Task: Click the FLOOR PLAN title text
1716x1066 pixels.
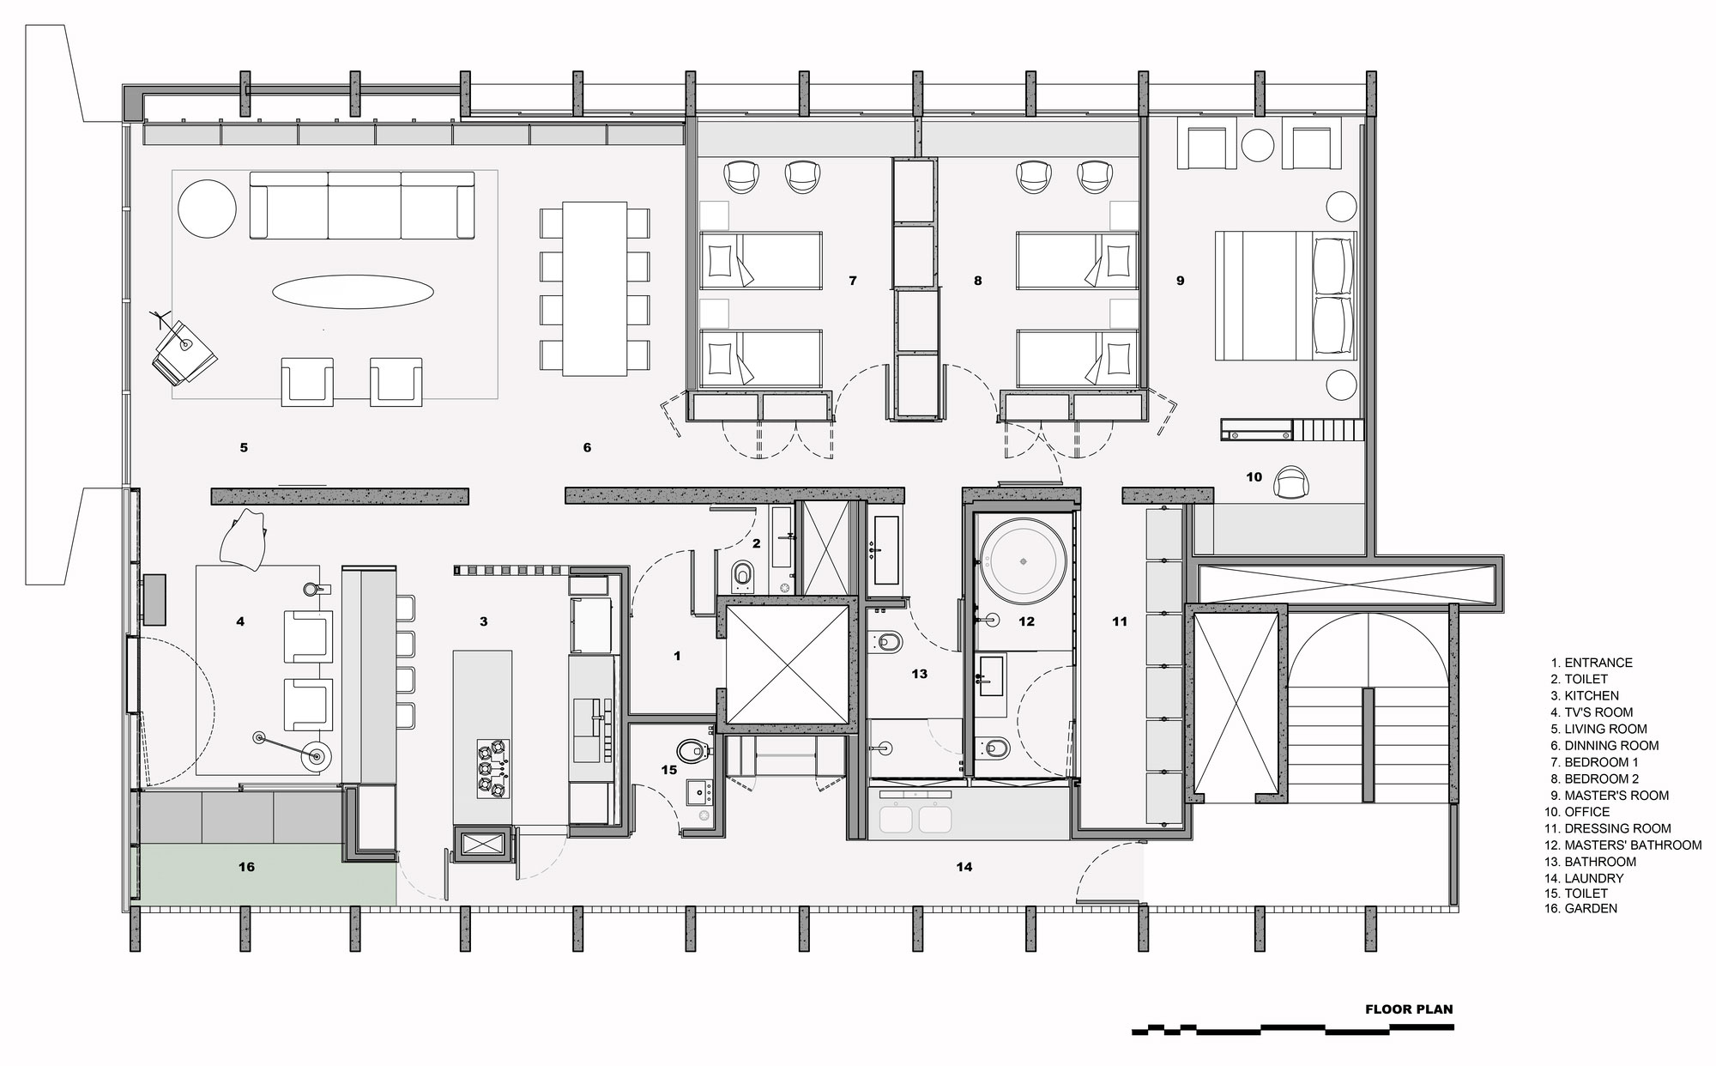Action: click(x=1409, y=1009)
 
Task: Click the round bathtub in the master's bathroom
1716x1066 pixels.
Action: click(x=1023, y=560)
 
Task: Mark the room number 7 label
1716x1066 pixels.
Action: click(x=852, y=281)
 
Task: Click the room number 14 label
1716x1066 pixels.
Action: click(x=964, y=867)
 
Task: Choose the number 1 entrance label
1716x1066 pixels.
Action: click(x=677, y=656)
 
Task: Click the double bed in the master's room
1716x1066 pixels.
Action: click(x=1286, y=294)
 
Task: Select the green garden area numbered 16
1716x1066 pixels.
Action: click(x=266, y=873)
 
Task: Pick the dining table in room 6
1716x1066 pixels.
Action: click(x=595, y=288)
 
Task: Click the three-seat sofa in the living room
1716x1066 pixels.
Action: click(x=361, y=205)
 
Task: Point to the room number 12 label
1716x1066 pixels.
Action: click(x=1027, y=621)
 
